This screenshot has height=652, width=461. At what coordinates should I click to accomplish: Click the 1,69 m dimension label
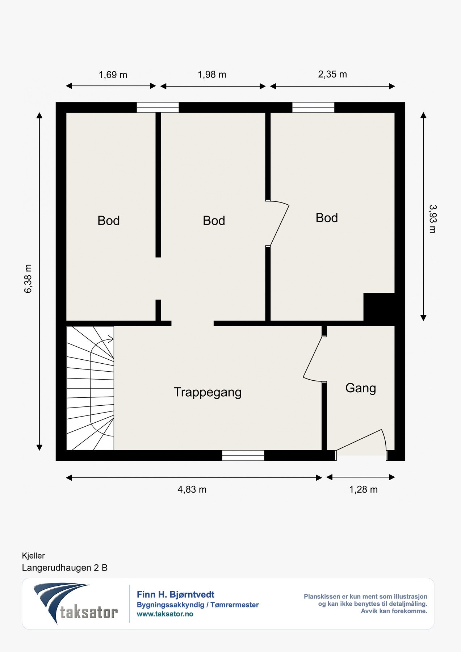tap(113, 75)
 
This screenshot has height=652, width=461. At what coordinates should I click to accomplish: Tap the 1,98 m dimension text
tap(212, 75)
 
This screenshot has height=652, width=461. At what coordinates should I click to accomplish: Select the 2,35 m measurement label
tap(332, 74)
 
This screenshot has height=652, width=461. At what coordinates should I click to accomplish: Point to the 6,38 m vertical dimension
tap(28, 279)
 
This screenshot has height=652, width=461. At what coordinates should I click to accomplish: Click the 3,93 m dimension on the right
tap(432, 219)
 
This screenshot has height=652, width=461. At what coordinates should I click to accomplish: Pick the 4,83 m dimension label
tap(192, 490)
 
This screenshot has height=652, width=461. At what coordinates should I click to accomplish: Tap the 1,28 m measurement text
tap(363, 490)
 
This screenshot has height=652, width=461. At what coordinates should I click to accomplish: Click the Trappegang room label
tap(208, 392)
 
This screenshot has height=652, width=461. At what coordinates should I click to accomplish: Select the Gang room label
tap(361, 388)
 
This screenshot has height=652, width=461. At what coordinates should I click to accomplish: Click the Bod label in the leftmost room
tap(109, 221)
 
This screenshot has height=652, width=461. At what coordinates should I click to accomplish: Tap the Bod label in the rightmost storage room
tap(327, 218)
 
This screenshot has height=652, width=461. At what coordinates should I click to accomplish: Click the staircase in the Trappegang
tap(90, 388)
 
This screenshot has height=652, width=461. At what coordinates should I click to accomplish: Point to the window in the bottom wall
tap(243, 455)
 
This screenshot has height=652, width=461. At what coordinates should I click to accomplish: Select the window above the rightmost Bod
tap(313, 108)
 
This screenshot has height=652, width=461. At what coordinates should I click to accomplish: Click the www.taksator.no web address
tap(165, 614)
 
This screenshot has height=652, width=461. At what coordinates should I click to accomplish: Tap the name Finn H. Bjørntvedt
tap(176, 594)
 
